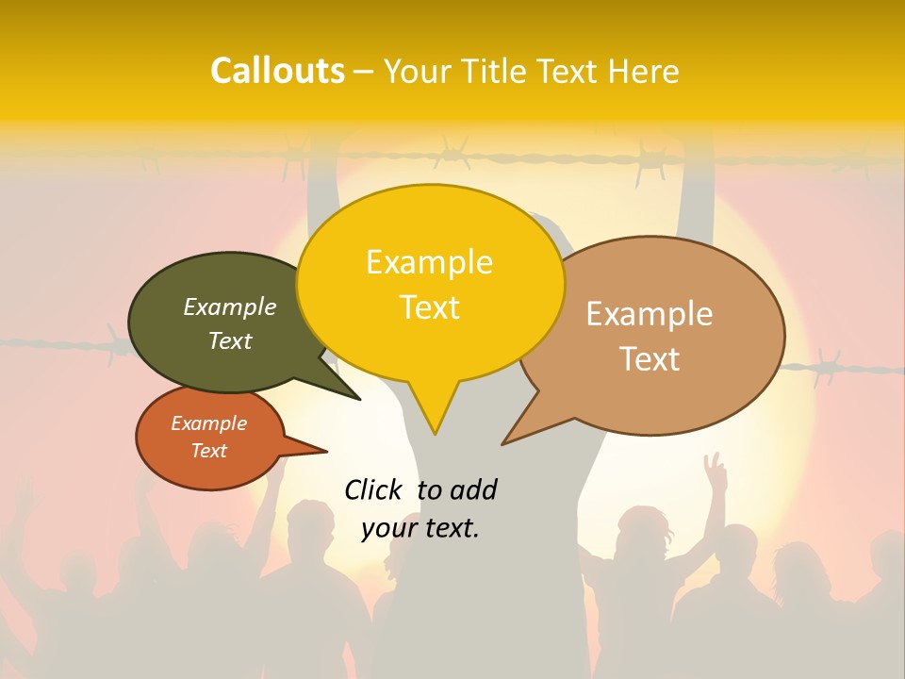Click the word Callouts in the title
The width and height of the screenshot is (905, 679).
[x=277, y=71]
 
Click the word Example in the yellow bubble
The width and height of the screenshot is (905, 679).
[x=429, y=262]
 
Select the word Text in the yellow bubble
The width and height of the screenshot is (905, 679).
[x=429, y=307]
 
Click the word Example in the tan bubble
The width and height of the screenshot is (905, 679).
[x=650, y=314]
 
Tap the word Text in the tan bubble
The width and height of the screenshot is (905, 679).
[x=650, y=359]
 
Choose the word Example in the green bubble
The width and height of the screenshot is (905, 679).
[x=230, y=307]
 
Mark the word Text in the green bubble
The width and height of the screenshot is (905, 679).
[x=230, y=340]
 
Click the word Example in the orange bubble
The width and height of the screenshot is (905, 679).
[x=208, y=423]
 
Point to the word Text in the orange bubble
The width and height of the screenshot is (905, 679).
[x=208, y=451]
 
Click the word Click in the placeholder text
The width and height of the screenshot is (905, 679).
[x=375, y=489]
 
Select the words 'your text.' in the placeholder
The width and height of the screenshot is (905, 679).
[x=420, y=528]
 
